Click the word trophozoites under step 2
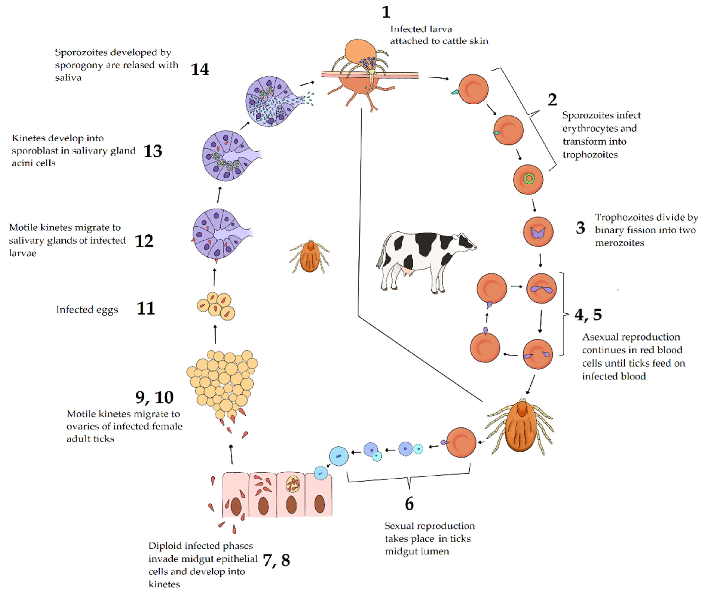coord(590,155)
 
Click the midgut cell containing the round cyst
coord(291,494)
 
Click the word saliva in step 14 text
coord(68,78)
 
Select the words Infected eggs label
coord(87,310)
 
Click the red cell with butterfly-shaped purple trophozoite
coord(538,232)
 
